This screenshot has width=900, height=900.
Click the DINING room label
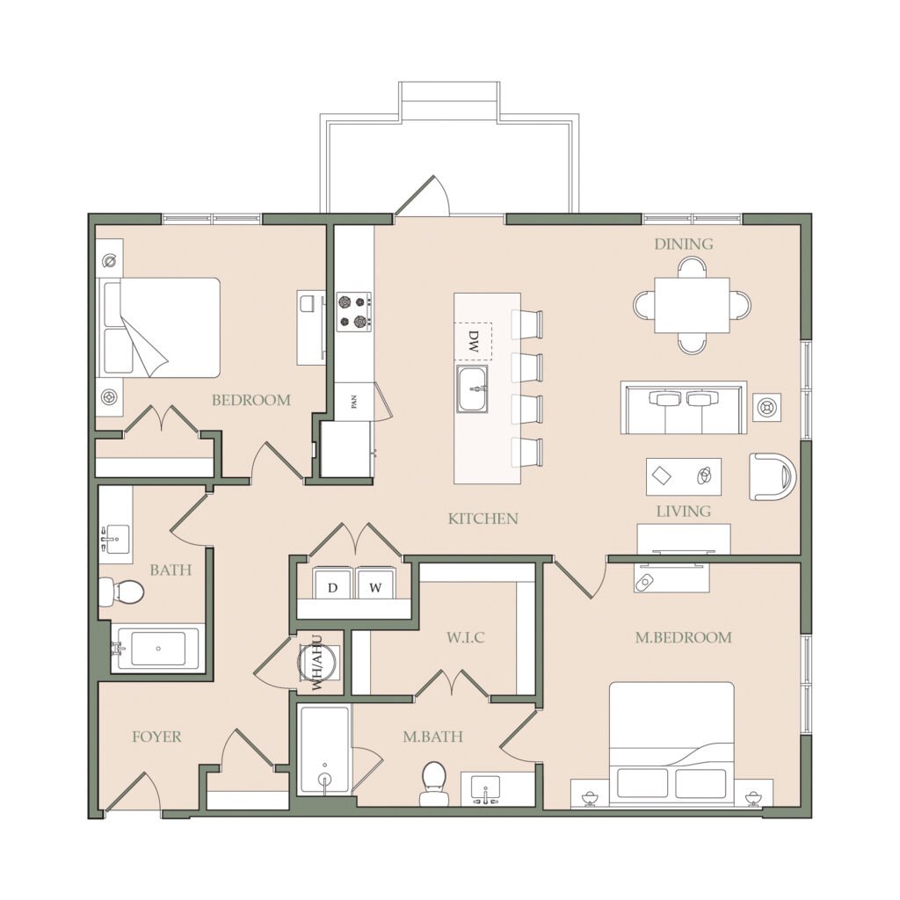coord(684,244)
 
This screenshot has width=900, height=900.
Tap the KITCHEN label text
coord(483,519)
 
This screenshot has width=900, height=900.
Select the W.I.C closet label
coord(466,637)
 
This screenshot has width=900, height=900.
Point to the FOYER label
coord(156,737)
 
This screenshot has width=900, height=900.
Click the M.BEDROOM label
coord(683,637)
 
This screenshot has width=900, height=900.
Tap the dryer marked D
coord(332,584)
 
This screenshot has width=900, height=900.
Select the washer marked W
coord(375,584)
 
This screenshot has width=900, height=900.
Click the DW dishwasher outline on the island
coord(474,341)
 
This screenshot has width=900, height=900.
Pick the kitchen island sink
coord(472,388)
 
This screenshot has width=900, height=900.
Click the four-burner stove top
coord(353,312)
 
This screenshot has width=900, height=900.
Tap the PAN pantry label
coord(354,401)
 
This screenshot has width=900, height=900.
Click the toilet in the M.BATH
coord(433,783)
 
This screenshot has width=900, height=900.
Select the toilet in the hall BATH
coord(121,592)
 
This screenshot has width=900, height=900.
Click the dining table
coord(692,305)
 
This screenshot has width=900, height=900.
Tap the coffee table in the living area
coord(684,476)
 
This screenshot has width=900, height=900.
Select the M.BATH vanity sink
coord(485,789)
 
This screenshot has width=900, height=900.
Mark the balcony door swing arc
coord(443,192)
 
